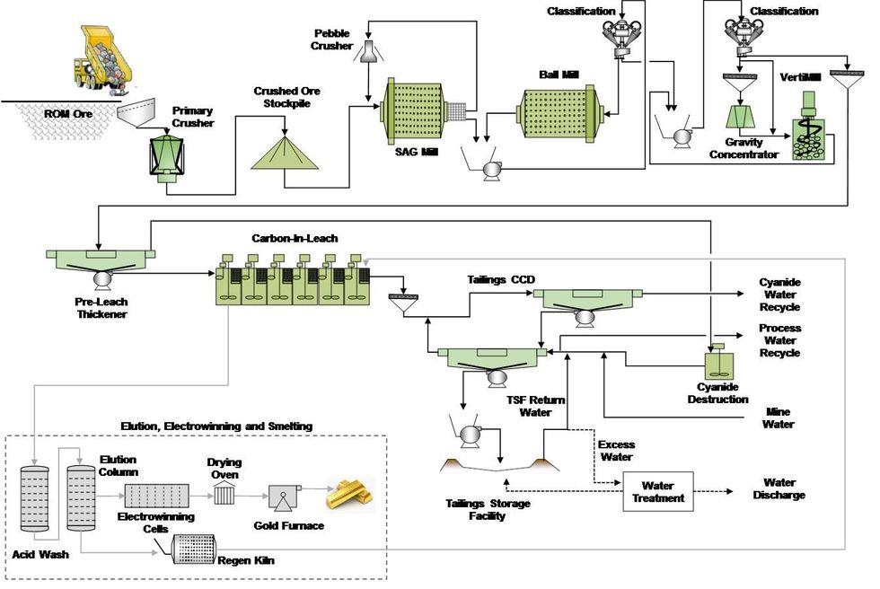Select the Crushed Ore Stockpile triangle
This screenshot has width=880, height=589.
click(286, 148)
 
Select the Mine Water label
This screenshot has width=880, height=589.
click(778, 417)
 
